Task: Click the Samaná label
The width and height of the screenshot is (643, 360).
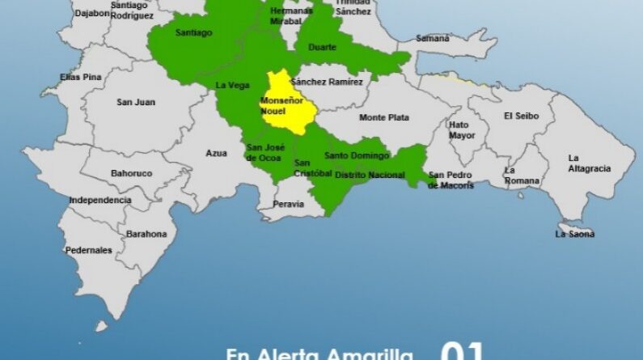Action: click(433, 38)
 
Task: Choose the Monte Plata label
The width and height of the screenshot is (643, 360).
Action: click(384, 118)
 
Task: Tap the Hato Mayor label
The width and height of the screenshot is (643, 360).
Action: click(462, 130)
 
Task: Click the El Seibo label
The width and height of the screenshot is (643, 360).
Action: click(520, 116)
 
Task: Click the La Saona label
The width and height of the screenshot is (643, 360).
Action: click(574, 234)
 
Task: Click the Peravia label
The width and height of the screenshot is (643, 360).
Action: click(288, 204)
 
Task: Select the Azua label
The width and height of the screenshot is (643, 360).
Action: click(217, 153)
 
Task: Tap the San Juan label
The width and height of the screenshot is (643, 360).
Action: click(136, 102)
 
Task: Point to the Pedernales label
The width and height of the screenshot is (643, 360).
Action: click(88, 250)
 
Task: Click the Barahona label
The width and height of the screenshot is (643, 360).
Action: click(146, 234)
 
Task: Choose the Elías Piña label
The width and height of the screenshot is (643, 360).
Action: click(81, 77)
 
